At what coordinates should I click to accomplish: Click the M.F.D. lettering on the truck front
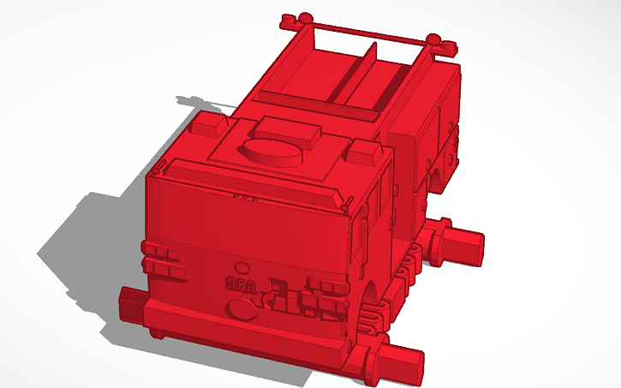240,285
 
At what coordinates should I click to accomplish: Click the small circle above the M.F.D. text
243,267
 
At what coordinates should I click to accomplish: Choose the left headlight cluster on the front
165,260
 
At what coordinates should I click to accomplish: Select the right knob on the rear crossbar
437,40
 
